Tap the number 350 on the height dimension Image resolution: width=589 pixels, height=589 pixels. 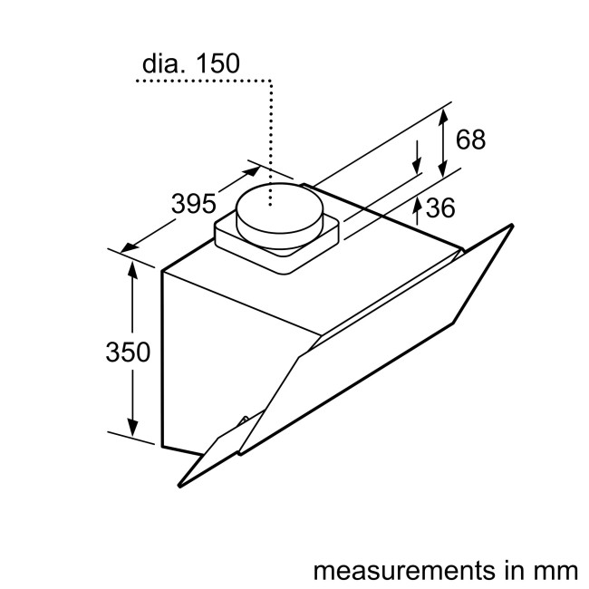tap(127, 351)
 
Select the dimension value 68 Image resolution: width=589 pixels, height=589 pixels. tap(470, 140)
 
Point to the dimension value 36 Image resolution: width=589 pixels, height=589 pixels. tap(439, 208)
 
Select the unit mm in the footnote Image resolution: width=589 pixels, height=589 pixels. tap(555, 546)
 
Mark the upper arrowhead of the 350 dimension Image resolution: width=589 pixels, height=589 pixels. tap(133, 269)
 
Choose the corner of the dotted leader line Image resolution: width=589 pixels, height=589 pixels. tap(271, 82)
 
